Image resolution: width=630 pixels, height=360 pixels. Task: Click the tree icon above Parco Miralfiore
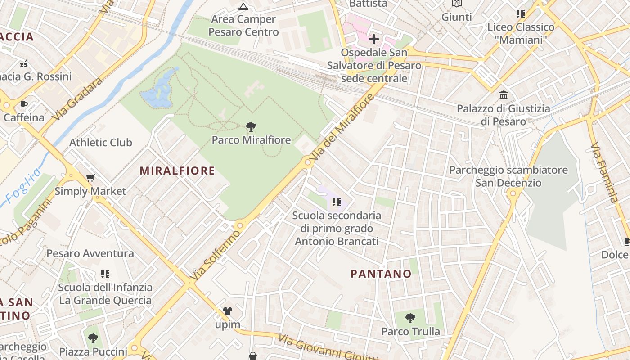click(x=251, y=127)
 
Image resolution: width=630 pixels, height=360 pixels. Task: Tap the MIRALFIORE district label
click(x=177, y=171)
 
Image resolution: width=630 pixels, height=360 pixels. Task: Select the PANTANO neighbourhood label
click(x=381, y=274)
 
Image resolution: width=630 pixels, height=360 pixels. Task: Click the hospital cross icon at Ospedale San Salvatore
click(x=373, y=39)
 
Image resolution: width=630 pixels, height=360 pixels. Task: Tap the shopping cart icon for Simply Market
click(x=90, y=178)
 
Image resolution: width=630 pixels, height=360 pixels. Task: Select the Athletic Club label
click(x=100, y=143)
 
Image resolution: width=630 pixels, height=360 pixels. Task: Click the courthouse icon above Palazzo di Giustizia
click(x=503, y=95)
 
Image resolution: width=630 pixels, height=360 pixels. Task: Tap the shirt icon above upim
click(x=227, y=311)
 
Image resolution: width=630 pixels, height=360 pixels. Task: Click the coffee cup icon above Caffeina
click(x=24, y=105)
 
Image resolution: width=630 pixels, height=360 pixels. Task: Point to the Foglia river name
click(x=23, y=187)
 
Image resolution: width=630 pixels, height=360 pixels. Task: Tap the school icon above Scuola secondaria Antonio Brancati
click(x=336, y=202)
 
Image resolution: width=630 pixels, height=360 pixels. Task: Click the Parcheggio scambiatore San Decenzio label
click(x=508, y=176)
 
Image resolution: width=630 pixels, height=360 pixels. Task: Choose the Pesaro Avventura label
click(x=90, y=253)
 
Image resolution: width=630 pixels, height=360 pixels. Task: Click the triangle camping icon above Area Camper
click(x=243, y=7)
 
